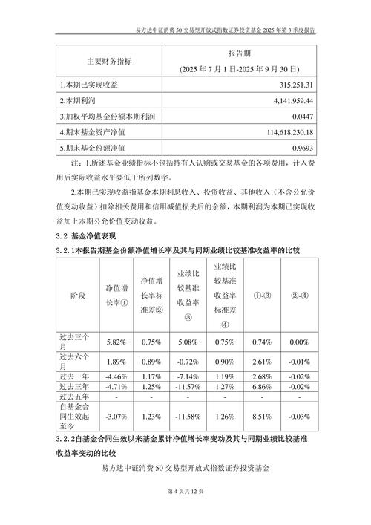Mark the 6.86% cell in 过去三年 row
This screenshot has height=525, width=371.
click(262, 387)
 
